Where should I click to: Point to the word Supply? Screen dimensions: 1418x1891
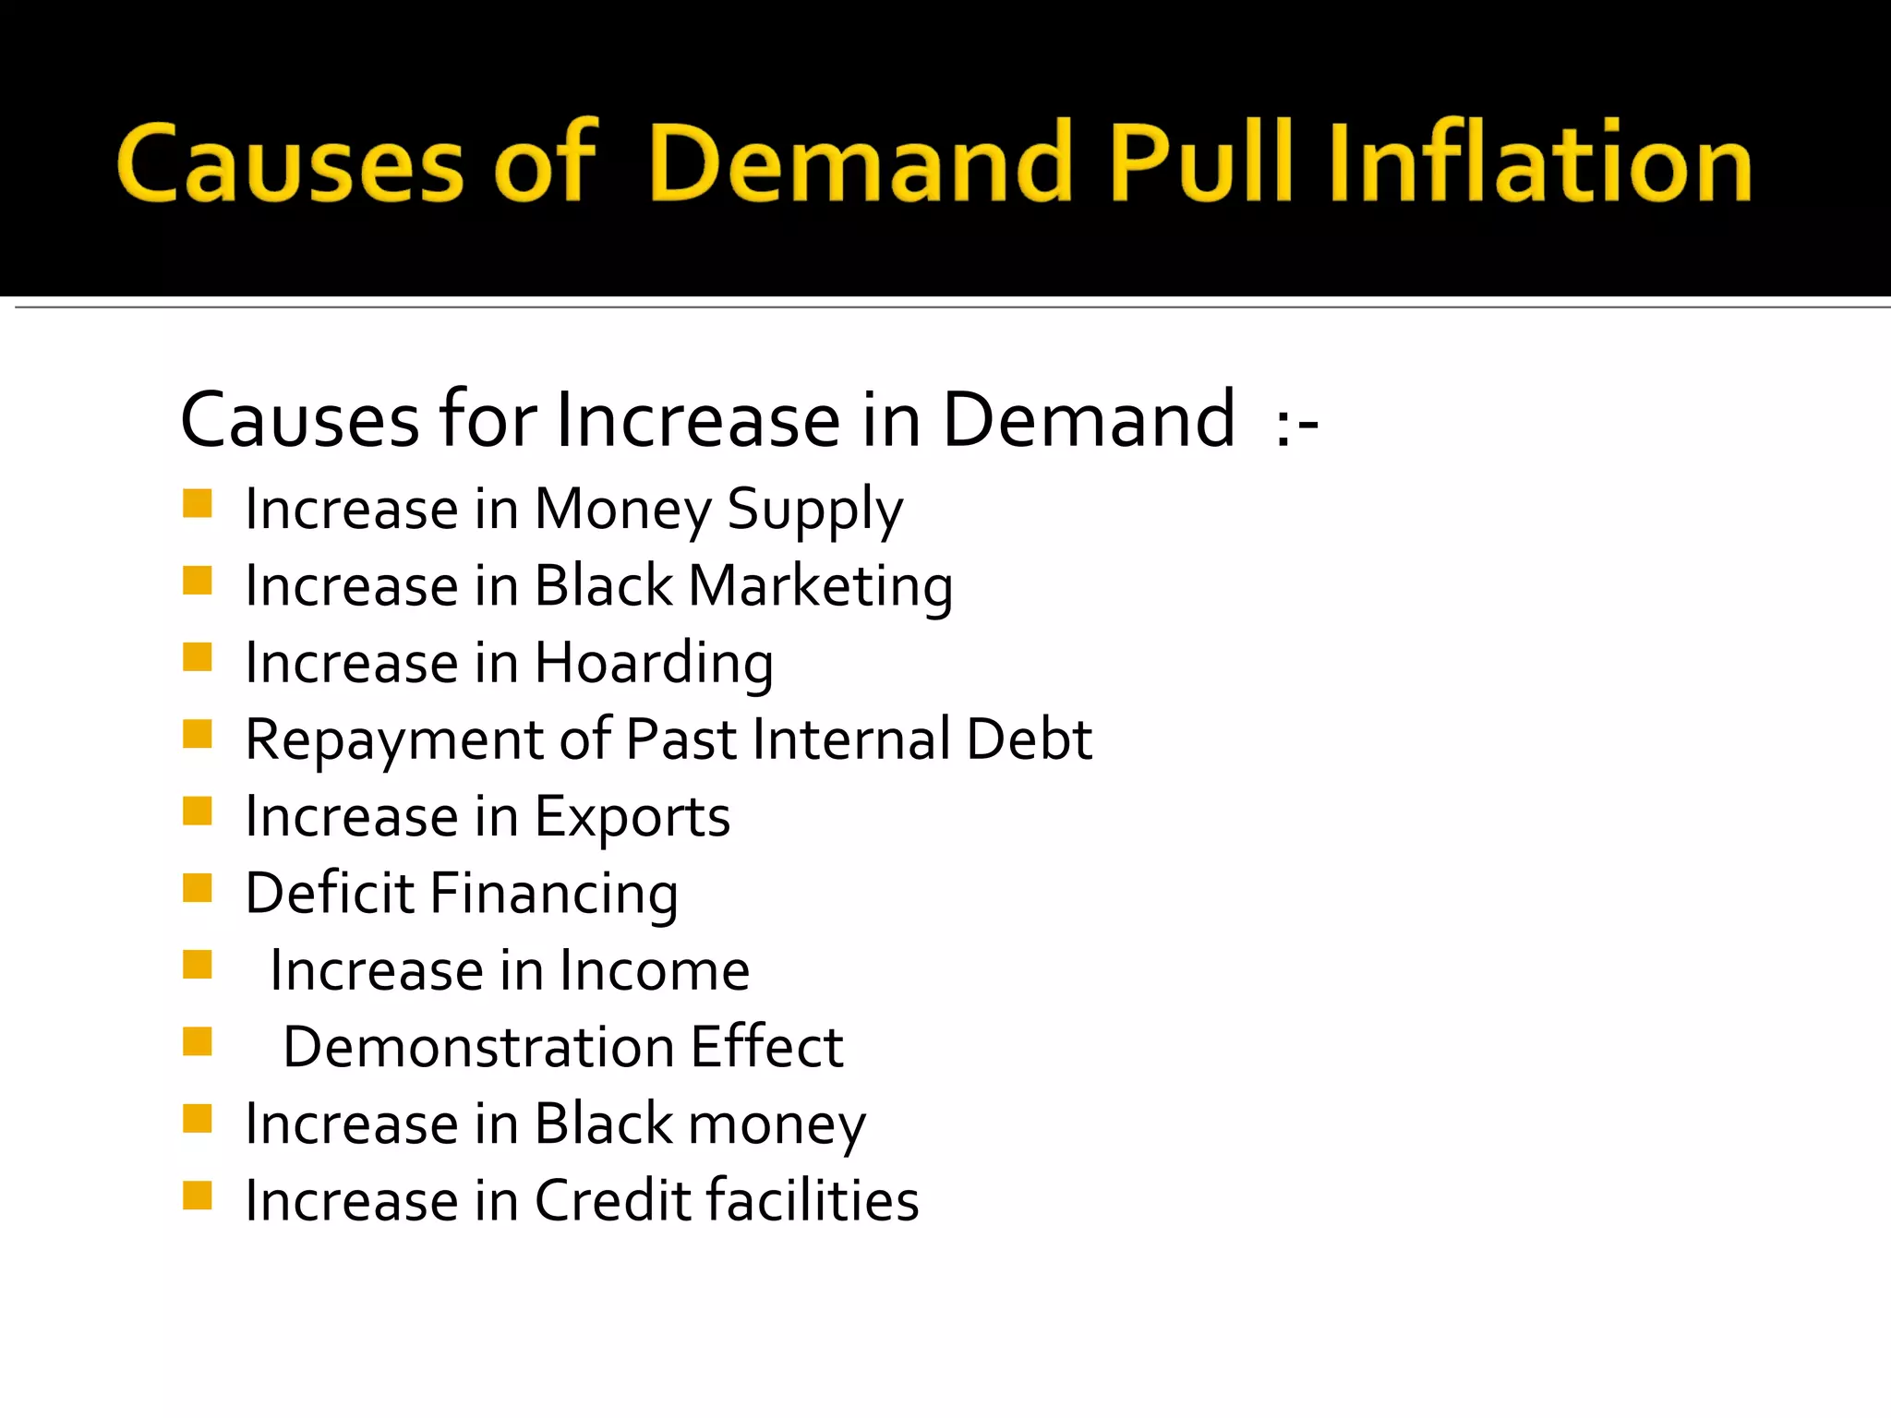[814, 510]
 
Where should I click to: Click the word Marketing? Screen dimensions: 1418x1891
[821, 587]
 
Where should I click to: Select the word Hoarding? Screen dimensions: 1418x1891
[654, 664]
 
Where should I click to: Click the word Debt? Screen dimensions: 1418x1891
[1029, 739]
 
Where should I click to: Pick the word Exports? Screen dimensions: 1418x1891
[632, 818]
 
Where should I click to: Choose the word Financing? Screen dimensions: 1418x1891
[554, 895]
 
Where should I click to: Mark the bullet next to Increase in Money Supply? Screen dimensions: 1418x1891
[198, 504]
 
